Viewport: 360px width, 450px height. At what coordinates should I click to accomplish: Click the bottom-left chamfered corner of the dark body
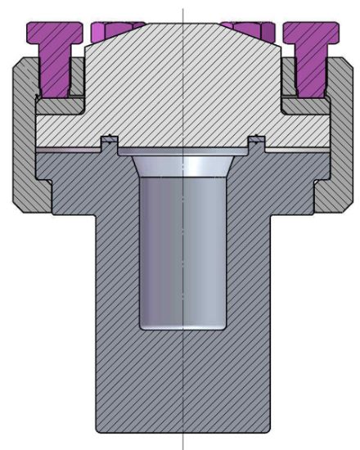pyautogui.click(x=99, y=430)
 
